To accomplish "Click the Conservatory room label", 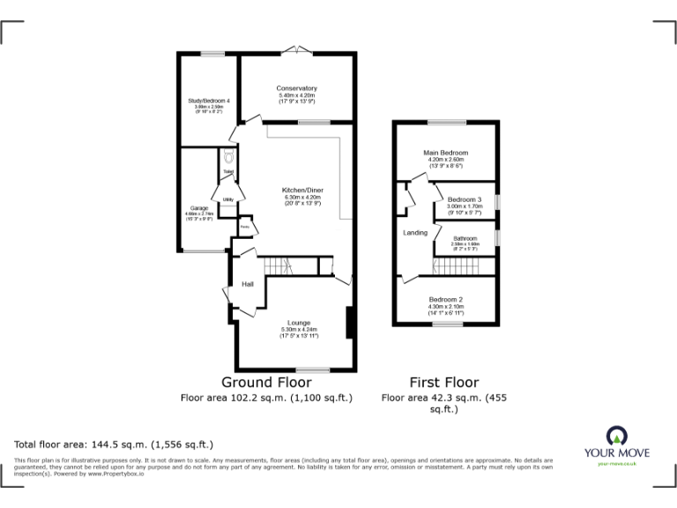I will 296,88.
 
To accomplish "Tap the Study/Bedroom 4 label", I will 209,101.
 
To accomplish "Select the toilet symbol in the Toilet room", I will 227,157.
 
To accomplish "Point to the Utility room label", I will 227,199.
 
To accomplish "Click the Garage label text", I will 197,208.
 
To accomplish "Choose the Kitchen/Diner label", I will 301,190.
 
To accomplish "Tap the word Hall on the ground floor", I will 248,283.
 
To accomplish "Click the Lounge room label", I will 297,324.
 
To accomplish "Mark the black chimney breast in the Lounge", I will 351,322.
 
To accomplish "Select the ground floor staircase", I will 281,265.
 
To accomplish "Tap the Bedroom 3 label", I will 464,199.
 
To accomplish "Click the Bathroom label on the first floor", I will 465,238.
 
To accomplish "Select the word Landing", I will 415,233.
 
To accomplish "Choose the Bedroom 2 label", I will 446,300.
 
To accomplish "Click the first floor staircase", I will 459,266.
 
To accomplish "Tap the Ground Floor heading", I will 265,382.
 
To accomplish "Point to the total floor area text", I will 114,444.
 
